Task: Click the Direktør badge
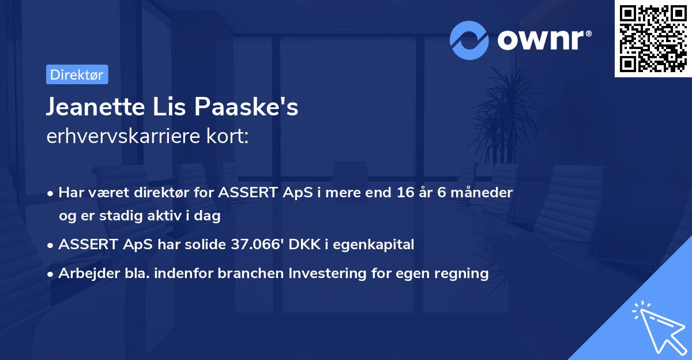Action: click(x=77, y=74)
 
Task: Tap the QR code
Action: click(x=653, y=39)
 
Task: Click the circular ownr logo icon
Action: click(x=469, y=40)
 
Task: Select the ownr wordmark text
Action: click(x=544, y=40)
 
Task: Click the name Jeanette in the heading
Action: click(x=96, y=107)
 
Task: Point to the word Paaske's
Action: click(x=246, y=107)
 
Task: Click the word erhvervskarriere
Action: click(x=123, y=136)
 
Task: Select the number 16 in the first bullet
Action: click(x=405, y=192)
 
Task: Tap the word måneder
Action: click(x=482, y=192)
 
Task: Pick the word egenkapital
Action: click(x=373, y=245)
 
